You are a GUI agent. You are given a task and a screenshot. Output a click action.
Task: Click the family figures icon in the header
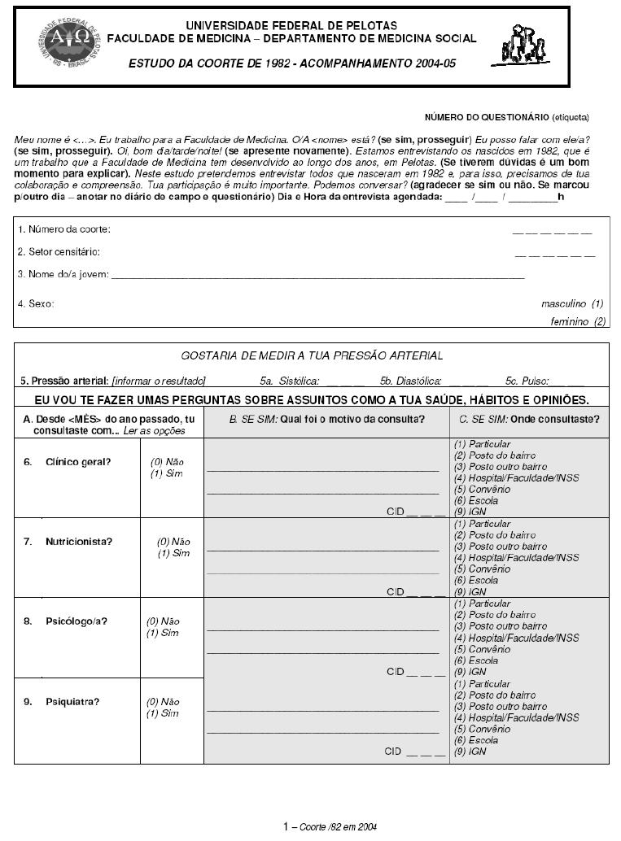tap(523, 44)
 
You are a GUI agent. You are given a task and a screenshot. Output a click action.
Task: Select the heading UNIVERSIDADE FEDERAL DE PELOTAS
tap(291, 26)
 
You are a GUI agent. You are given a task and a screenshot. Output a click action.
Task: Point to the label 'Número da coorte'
tap(64, 229)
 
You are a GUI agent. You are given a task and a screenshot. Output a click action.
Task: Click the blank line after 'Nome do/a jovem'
tap(317, 276)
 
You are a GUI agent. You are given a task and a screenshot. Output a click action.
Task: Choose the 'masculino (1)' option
tap(573, 303)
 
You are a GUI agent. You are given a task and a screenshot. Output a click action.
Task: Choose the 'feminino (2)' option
tap(578, 322)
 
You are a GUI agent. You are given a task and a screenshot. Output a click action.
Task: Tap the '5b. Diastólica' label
tap(410, 380)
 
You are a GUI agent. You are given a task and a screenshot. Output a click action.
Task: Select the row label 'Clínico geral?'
tap(78, 461)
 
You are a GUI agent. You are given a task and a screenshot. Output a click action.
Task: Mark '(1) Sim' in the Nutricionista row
tap(173, 553)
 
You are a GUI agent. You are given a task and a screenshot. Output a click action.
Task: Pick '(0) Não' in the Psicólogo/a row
tap(163, 621)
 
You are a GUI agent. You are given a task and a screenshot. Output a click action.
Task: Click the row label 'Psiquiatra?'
tap(72, 700)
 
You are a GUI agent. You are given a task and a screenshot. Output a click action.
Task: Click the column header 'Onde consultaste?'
tap(529, 419)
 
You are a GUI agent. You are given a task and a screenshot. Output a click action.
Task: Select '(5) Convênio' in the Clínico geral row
tap(482, 490)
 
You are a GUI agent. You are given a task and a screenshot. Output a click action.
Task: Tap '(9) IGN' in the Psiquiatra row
tap(470, 752)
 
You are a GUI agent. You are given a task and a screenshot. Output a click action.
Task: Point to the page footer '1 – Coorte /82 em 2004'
tap(330, 826)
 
